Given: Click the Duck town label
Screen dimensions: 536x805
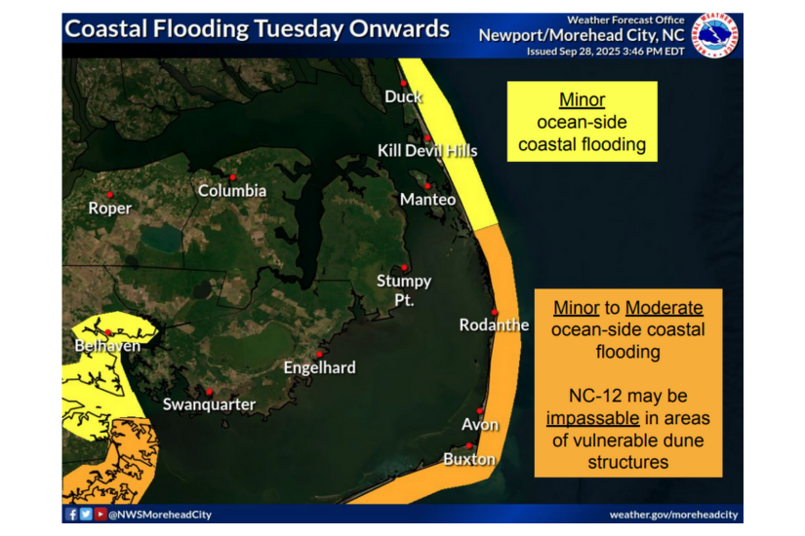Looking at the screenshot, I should tap(404, 96).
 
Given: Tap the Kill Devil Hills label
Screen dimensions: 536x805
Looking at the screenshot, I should tap(427, 150).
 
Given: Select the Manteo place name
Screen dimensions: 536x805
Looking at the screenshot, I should tap(427, 200).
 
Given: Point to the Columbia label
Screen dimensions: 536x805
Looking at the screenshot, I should tap(232, 191).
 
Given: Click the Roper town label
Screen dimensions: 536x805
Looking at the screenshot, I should tap(109, 208).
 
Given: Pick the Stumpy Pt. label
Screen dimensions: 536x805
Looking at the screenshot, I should tap(404, 290).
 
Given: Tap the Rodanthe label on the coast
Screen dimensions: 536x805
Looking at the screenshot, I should tap(495, 325).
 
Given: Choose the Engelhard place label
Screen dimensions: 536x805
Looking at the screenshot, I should tap(319, 367).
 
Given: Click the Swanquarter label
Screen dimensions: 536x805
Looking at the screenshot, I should tap(209, 404).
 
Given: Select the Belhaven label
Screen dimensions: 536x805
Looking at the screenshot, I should tap(107, 346).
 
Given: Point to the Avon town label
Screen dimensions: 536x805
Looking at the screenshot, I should tap(480, 425).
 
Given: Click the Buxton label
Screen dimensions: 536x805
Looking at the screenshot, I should tap(469, 459).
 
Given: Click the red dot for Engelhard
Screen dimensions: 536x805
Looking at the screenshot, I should tap(319, 353).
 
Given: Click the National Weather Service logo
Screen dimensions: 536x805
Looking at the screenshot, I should tap(714, 36).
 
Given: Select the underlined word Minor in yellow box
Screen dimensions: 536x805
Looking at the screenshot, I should tap(582, 100).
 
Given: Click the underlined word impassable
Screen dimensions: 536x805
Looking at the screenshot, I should tap(593, 418).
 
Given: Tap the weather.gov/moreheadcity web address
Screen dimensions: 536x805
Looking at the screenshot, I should tap(673, 515).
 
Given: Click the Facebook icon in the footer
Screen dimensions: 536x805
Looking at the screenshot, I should tap(72, 515).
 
